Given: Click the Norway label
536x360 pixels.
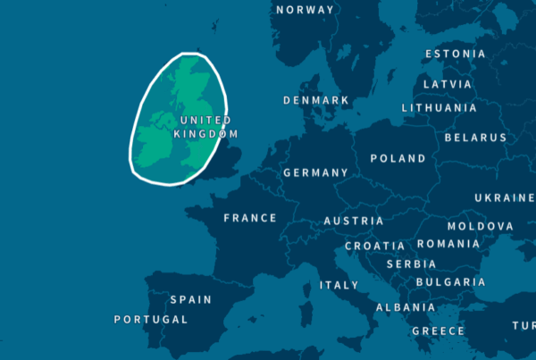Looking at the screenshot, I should [x=306, y=10].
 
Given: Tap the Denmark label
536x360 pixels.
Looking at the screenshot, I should [x=316, y=101].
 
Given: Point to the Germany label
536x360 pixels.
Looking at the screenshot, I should [x=315, y=172].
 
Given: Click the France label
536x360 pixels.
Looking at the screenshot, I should [x=250, y=218].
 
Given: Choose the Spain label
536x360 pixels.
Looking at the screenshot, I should [x=190, y=300].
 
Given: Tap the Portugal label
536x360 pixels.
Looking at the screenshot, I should [x=151, y=320].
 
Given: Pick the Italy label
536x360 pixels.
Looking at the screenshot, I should [x=339, y=286].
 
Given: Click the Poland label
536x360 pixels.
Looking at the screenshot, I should [x=398, y=159].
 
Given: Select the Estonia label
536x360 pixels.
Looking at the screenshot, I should [x=456, y=54].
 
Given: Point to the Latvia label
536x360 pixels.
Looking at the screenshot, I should [x=447, y=85].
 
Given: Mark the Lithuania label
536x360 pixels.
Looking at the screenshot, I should [x=439, y=108].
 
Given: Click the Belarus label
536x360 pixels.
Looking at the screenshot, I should [x=475, y=138].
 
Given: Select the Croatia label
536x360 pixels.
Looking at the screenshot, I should [x=374, y=246].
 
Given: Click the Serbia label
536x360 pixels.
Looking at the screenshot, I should [x=411, y=264].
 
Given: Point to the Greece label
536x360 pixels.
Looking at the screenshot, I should [x=438, y=331].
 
